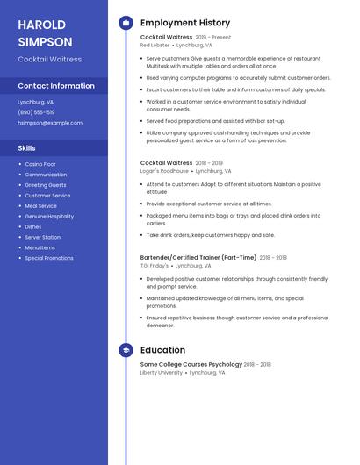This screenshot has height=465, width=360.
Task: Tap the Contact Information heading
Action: [56, 86]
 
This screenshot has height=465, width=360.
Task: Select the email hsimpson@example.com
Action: [50, 123]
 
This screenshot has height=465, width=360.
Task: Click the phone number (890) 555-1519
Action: [36, 112]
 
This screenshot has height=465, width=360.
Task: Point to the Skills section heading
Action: [27, 148]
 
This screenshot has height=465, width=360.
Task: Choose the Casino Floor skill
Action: [40, 164]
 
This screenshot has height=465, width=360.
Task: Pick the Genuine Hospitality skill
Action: [49, 216]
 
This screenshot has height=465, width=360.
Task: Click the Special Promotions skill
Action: [49, 258]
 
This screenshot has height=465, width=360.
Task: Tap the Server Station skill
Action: [43, 237]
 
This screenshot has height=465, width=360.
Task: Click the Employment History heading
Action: [185, 23]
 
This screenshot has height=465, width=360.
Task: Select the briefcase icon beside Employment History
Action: [126, 23]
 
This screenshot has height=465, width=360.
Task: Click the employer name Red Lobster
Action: [155, 45]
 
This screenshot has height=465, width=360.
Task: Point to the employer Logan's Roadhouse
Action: [164, 171]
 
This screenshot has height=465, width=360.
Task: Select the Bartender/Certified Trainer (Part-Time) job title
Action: [198, 257]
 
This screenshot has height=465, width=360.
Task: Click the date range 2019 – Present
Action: [213, 38]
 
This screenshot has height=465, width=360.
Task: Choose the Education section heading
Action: [162, 350]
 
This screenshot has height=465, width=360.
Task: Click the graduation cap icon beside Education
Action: [126, 350]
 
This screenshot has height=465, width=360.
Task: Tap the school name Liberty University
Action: [162, 372]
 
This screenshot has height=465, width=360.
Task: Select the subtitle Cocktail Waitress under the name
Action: [50, 60]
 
